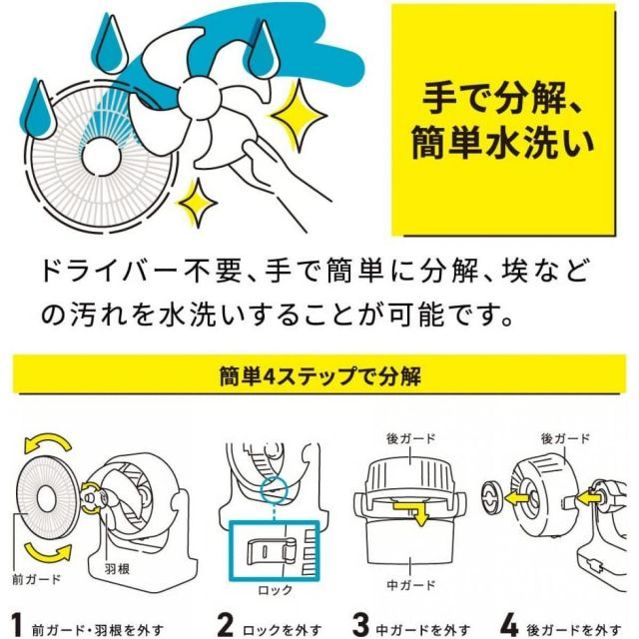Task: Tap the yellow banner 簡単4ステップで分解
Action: (319, 378)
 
